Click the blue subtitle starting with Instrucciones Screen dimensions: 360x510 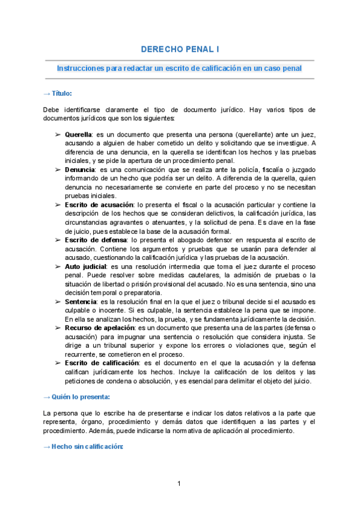(x=179, y=69)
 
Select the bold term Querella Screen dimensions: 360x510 (x=78, y=134)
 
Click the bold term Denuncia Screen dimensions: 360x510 (x=79, y=171)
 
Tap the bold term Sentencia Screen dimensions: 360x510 (x=80, y=301)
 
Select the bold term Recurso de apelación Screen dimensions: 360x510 (x=100, y=328)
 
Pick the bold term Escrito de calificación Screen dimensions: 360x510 (x=100, y=363)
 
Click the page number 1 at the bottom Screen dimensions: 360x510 (x=180, y=484)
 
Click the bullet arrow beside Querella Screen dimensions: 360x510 (x=58, y=134)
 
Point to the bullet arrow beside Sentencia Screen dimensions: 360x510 (x=58, y=301)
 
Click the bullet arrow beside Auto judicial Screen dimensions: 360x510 (x=58, y=266)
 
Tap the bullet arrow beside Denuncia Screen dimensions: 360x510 (x=58, y=171)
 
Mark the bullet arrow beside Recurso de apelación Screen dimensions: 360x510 (x=58, y=328)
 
